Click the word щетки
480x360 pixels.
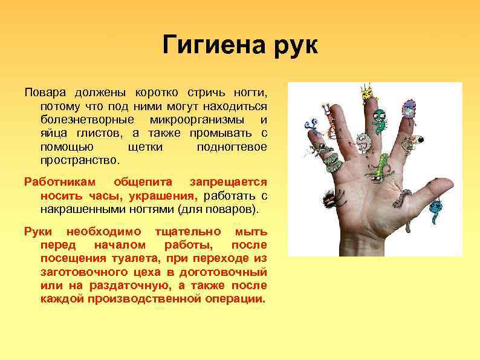pos(145,147)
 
